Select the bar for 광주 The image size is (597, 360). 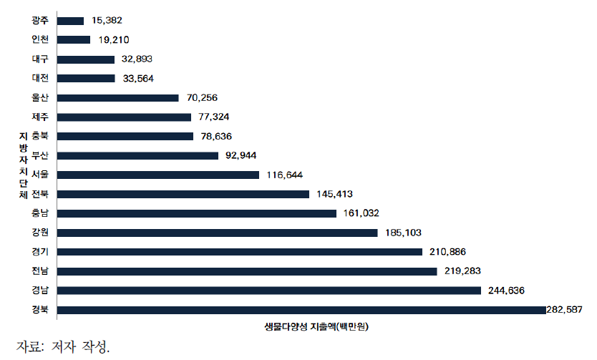pyautogui.click(x=69, y=21)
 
